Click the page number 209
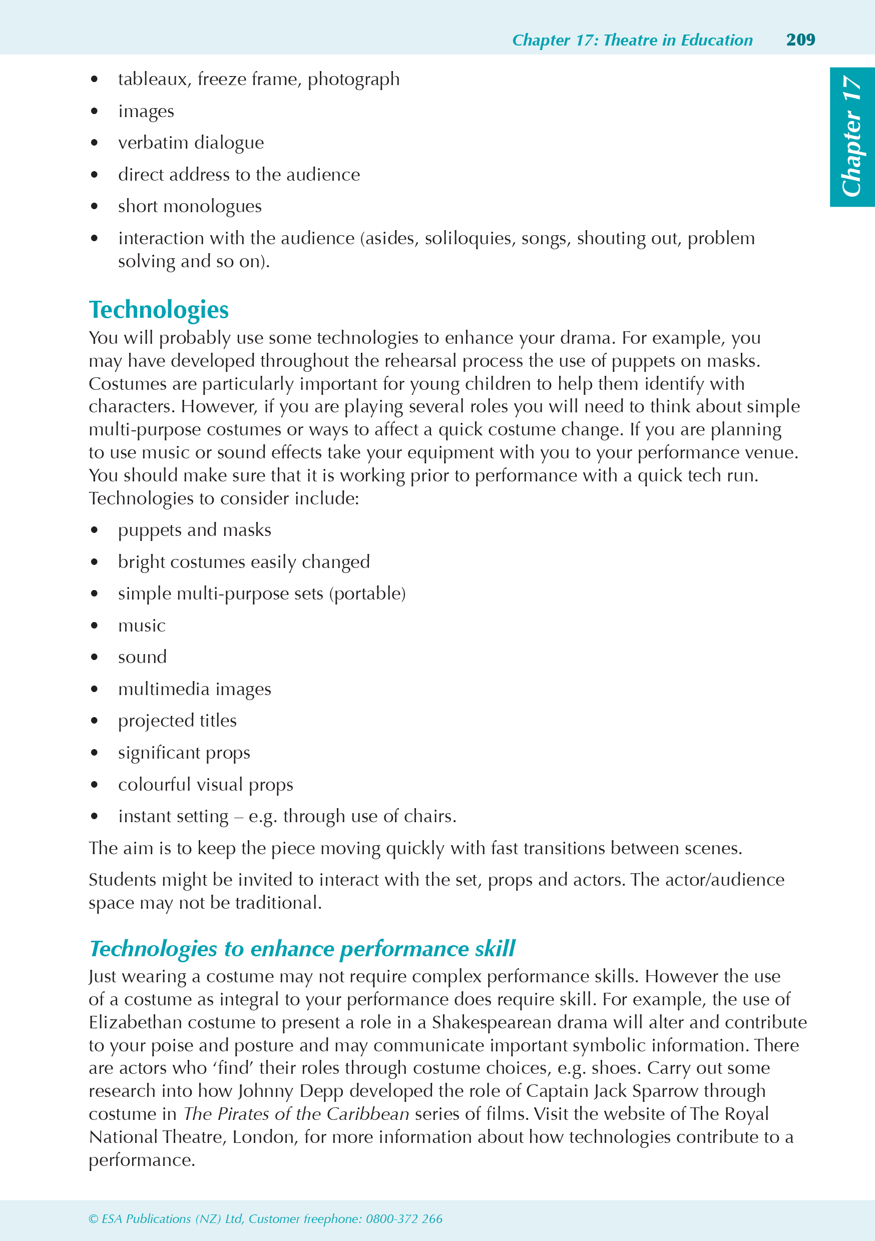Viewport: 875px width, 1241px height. tap(800, 40)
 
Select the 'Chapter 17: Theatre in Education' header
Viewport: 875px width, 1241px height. tap(632, 40)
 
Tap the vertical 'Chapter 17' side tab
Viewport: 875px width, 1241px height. tap(852, 136)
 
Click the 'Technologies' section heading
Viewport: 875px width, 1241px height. tap(159, 310)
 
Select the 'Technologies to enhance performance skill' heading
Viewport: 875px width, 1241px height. tap(302, 949)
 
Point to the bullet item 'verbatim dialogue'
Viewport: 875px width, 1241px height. tap(191, 143)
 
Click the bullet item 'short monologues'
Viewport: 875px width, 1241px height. tap(189, 207)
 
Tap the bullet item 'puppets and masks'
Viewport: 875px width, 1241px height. tap(194, 530)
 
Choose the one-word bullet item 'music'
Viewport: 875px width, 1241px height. tap(142, 626)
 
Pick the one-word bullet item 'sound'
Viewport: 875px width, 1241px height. tap(142, 657)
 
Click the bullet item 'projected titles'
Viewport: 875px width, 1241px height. tap(177, 721)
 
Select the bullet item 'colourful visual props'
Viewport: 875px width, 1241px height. tap(206, 785)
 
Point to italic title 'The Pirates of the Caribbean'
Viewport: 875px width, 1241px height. tap(296, 1114)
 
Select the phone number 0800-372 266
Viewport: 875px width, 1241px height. tap(404, 1219)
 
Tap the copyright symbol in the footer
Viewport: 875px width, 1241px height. tap(94, 1219)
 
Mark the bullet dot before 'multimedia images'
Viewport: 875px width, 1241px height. tap(95, 689)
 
